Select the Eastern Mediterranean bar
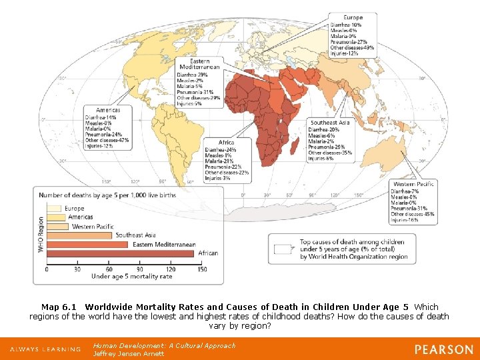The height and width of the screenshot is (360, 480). (87, 244)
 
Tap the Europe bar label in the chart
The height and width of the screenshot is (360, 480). (75, 208)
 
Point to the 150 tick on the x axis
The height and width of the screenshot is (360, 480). (201, 270)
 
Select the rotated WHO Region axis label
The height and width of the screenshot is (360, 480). (41, 233)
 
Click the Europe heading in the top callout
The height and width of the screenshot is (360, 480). (353, 17)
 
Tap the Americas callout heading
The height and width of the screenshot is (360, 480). (108, 110)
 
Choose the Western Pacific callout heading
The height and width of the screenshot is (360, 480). (413, 184)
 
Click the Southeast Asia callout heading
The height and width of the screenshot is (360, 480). (330, 123)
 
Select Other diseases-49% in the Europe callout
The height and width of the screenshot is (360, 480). (353, 48)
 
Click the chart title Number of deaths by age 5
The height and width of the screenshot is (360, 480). (107, 195)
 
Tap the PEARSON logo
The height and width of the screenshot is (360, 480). (443, 349)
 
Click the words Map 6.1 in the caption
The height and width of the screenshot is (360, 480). (59, 307)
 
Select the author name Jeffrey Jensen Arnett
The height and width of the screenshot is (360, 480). (129, 353)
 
